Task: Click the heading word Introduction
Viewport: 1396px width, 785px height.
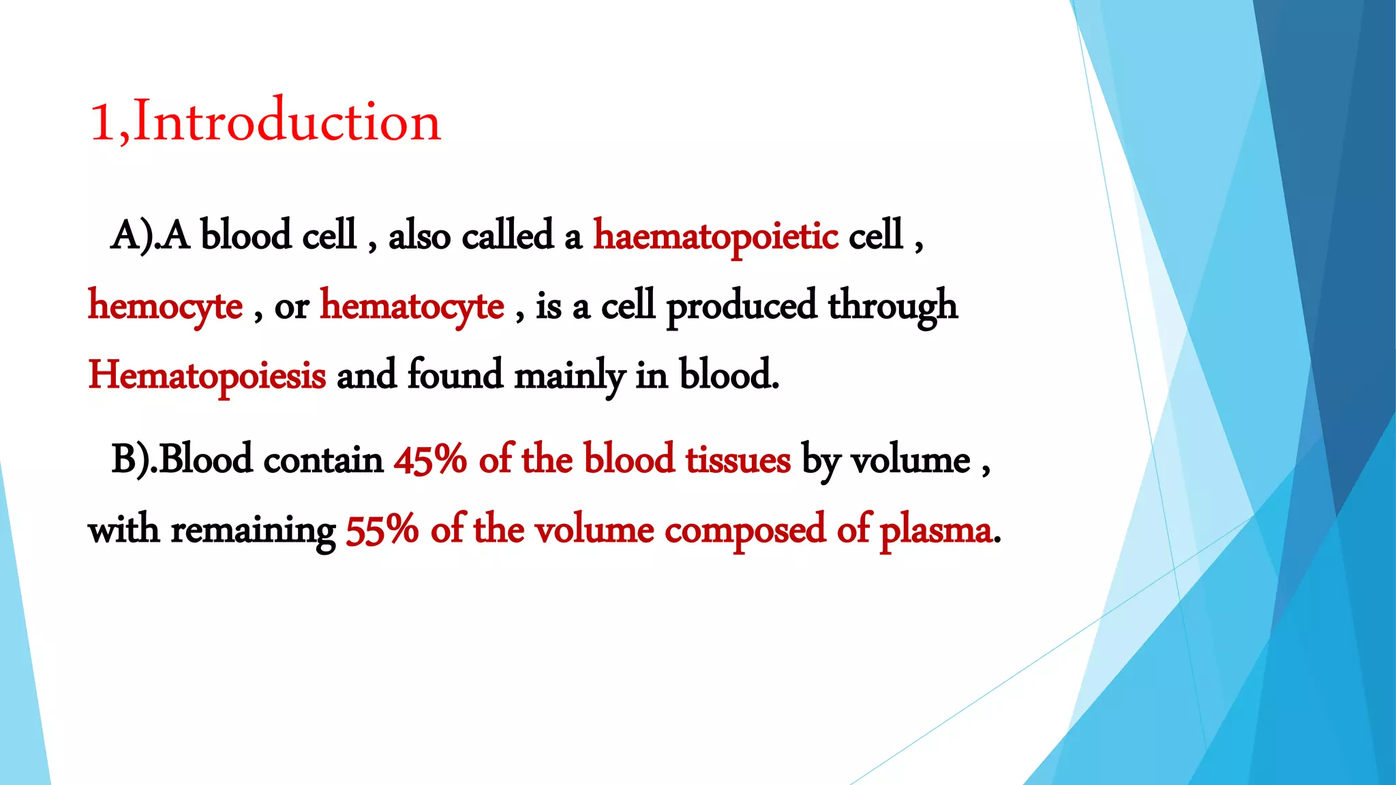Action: pos(287,122)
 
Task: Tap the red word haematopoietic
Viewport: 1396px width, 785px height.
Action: pos(716,236)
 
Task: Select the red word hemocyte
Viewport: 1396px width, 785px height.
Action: pos(166,306)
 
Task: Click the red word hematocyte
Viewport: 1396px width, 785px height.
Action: pos(412,306)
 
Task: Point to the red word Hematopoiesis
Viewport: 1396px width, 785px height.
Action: pos(207,375)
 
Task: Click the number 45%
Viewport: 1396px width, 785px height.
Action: pos(430,459)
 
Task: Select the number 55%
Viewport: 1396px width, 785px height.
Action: pos(382,529)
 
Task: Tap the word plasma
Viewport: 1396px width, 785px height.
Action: pos(936,531)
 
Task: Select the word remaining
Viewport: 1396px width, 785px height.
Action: pos(253,531)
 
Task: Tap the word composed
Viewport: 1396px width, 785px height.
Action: pos(745,531)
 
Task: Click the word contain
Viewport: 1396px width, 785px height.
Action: pos(323,460)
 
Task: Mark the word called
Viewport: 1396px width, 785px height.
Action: pos(507,236)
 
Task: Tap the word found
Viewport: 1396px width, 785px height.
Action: pos(455,375)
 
